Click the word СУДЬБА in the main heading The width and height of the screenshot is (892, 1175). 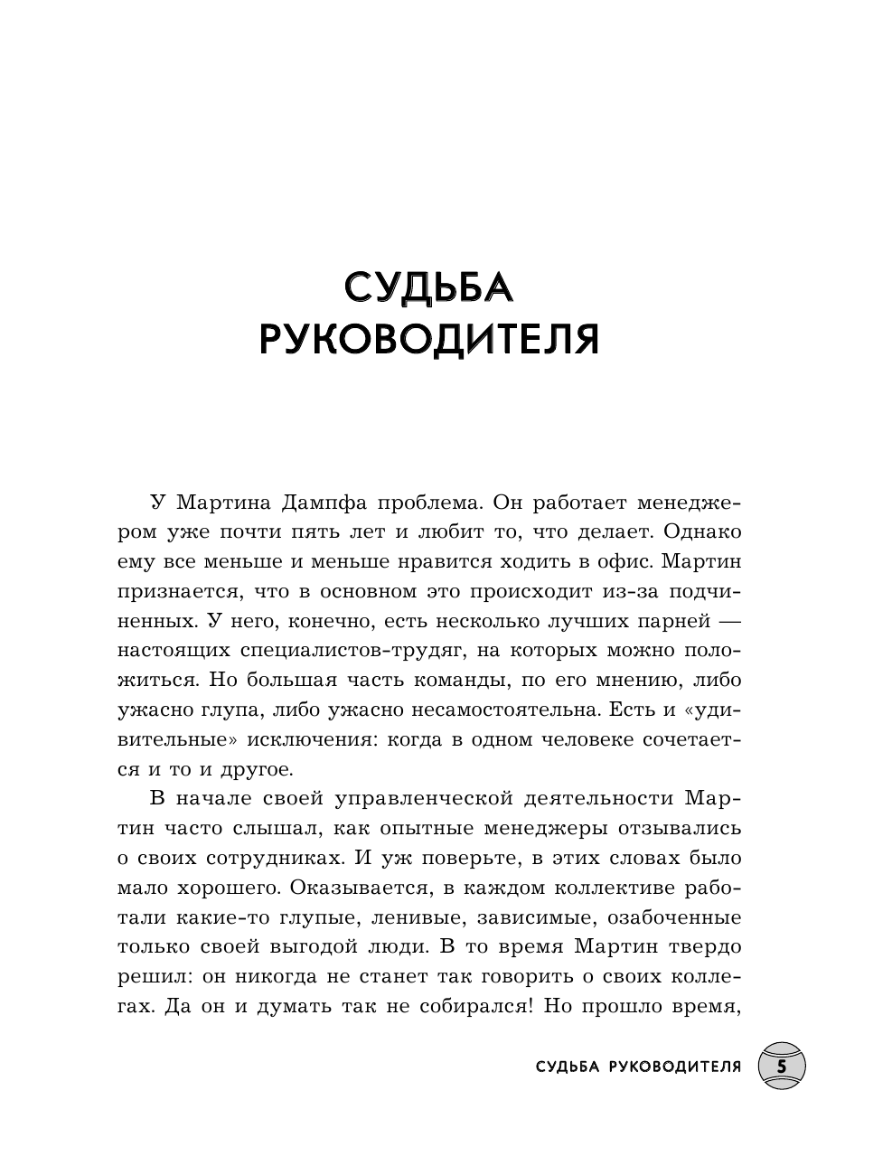(x=428, y=287)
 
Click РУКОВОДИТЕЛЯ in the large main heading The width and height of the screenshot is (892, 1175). (x=428, y=341)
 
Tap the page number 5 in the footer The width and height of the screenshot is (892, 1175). (x=781, y=1067)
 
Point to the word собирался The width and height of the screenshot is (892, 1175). (x=465, y=1007)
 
